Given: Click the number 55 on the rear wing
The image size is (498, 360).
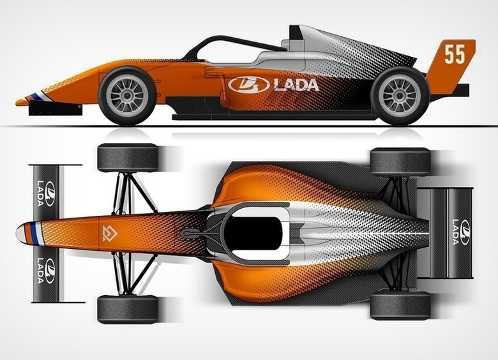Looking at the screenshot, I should click(x=455, y=55).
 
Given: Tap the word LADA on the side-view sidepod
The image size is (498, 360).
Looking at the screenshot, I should click(x=296, y=85).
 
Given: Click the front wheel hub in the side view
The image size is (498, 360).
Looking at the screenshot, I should click(x=127, y=95).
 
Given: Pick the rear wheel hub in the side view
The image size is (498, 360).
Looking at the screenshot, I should click(x=399, y=95).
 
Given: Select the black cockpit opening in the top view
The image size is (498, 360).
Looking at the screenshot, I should click(x=255, y=232).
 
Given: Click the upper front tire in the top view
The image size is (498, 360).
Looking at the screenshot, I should click(x=128, y=158).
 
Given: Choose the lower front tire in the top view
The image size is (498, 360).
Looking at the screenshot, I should click(x=128, y=310).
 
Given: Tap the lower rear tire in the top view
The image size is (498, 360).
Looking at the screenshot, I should click(x=400, y=305).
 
